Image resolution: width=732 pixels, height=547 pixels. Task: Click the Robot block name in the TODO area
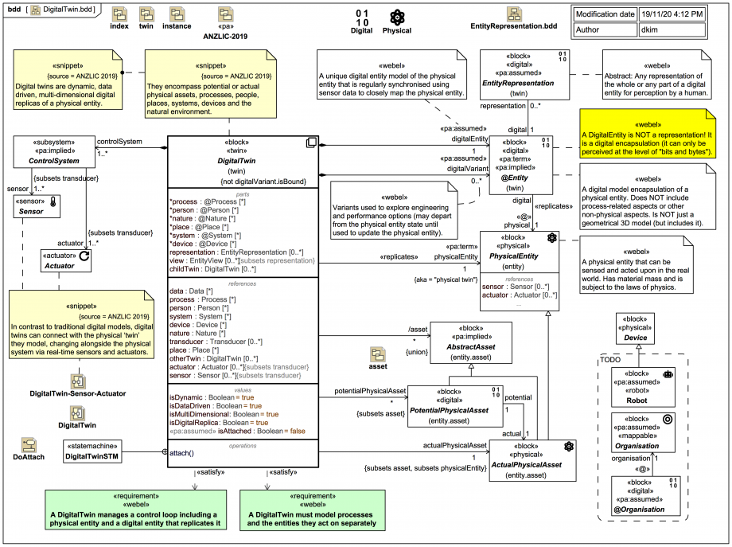636,402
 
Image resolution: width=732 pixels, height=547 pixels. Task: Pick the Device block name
636,337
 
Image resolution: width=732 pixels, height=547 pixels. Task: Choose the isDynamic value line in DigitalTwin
211,397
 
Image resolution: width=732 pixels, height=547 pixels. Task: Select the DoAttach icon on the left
29,445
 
